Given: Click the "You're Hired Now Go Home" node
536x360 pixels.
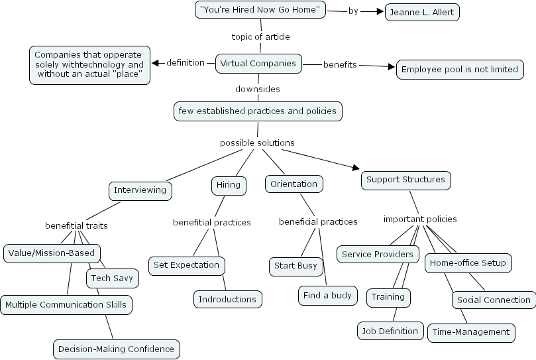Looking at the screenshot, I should [x=260, y=10].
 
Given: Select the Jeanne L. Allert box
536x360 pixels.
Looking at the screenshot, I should [x=422, y=12].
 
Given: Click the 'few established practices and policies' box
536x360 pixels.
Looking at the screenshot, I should [x=258, y=111].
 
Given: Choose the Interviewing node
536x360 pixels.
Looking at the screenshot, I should [x=140, y=190].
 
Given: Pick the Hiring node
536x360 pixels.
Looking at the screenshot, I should [x=228, y=185].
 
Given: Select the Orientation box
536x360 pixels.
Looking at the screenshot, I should [x=294, y=184].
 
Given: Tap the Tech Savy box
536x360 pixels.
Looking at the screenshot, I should [x=112, y=278].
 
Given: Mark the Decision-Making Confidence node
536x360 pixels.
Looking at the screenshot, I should [x=116, y=348].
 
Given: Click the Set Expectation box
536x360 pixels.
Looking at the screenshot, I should [x=186, y=265].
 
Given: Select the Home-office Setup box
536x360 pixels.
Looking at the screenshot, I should [x=468, y=263].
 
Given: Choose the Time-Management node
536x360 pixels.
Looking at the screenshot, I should [x=470, y=331].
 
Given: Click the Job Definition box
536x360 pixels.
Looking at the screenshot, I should [x=390, y=330].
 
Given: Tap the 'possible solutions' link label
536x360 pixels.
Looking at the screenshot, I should [x=257, y=143].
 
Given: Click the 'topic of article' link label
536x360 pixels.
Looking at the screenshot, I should [x=260, y=36].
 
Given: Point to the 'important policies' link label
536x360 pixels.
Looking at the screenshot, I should [x=420, y=219].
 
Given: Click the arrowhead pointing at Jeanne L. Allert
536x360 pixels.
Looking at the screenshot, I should [x=380, y=11].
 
